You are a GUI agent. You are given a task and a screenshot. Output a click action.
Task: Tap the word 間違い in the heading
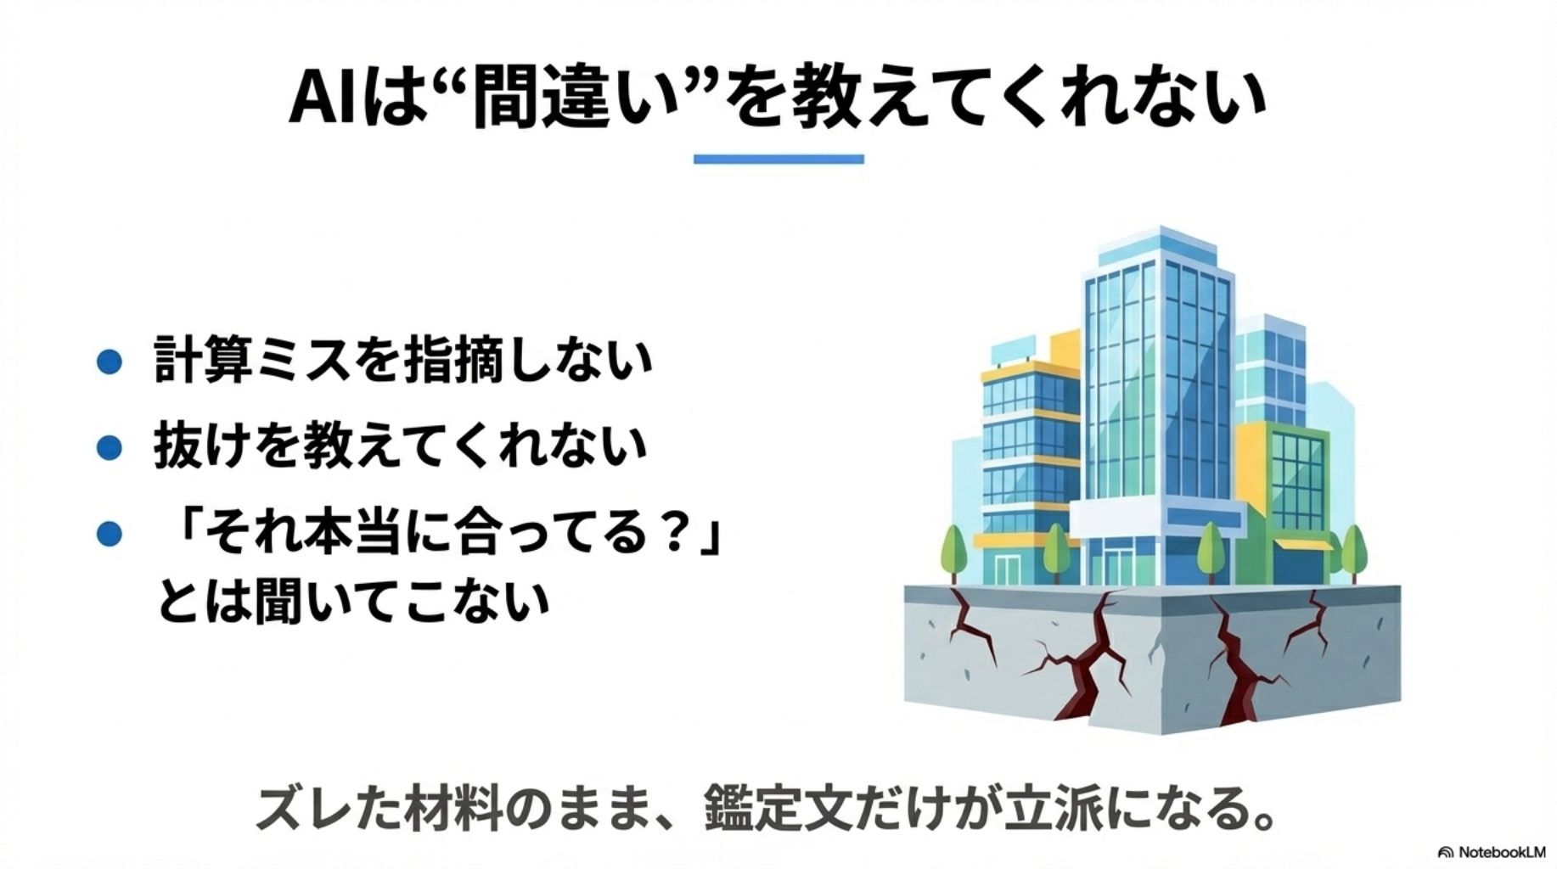(577, 98)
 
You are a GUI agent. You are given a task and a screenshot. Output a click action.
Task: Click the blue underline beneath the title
(778, 159)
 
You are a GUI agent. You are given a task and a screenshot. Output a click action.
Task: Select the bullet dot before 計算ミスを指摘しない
(110, 362)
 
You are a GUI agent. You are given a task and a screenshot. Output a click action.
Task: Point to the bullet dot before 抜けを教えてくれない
(110, 447)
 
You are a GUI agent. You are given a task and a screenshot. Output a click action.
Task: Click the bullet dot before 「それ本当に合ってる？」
(110, 534)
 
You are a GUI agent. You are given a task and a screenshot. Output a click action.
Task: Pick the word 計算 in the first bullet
(204, 360)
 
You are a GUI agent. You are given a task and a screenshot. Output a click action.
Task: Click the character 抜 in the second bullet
(178, 446)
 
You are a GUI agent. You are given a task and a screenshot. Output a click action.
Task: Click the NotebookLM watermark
(1492, 852)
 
